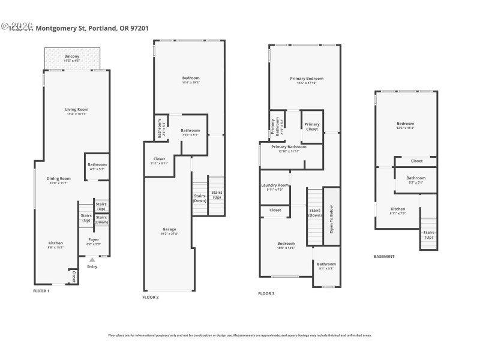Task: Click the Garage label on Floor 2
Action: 169,230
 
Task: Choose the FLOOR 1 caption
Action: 41,290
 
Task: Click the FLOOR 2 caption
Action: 151,297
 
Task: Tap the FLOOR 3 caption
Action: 266,293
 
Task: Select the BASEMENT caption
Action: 384,256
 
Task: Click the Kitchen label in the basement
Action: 397,210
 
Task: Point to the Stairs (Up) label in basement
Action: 428,234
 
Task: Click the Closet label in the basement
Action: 416,161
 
